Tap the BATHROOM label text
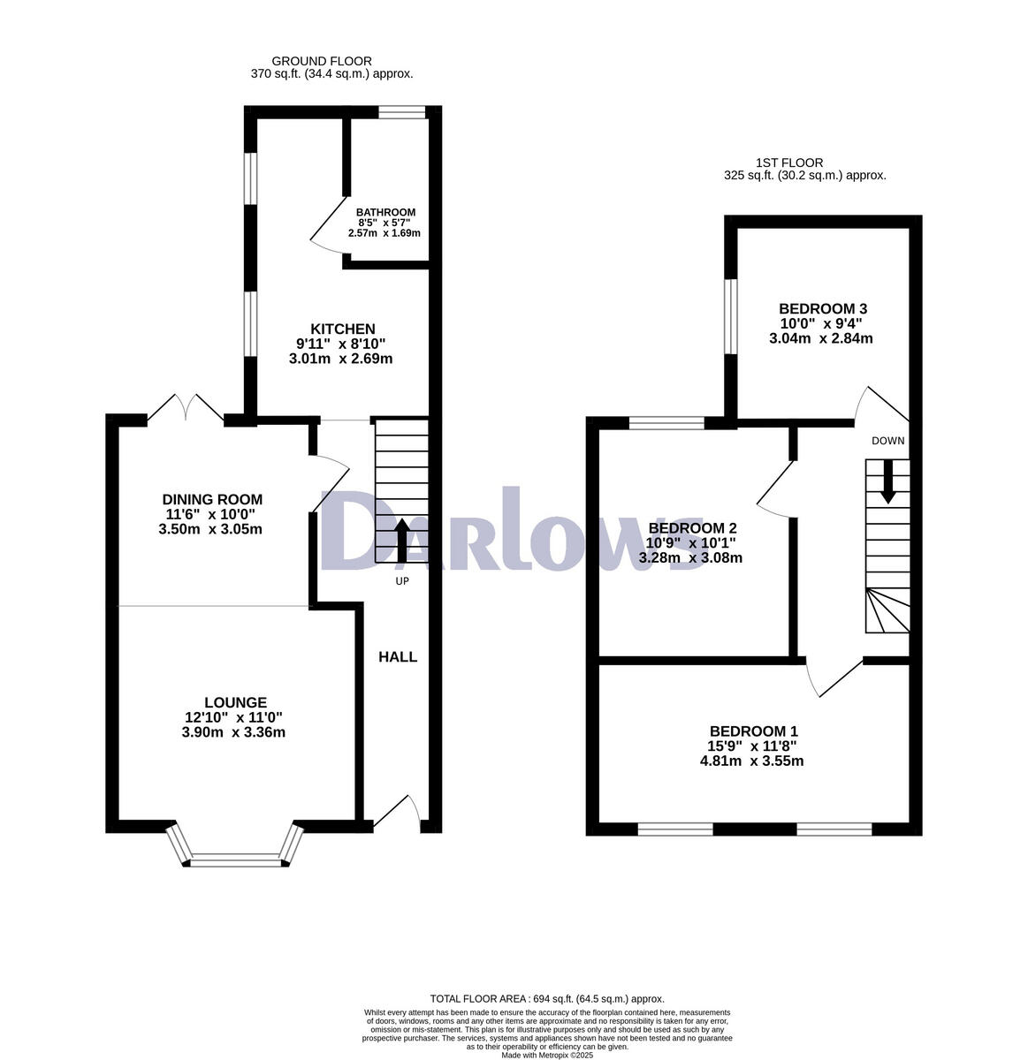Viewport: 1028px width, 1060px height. pos(385,213)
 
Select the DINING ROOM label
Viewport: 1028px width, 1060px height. pos(212,500)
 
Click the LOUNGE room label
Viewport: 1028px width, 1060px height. pos(233,702)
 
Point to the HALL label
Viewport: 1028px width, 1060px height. pos(398,657)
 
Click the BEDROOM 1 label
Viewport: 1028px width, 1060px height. pos(753,731)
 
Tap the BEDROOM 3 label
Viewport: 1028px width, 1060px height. pos(822,308)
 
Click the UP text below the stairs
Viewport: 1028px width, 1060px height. pos(402,581)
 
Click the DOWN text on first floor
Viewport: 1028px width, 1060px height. pos(887,441)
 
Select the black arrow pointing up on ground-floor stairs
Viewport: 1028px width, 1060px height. pos(401,540)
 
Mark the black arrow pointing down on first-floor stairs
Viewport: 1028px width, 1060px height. pos(887,484)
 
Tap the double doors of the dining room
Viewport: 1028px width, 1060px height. pos(186,408)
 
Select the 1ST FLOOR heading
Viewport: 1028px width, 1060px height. pos(789,163)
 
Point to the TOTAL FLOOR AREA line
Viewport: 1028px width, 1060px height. pos(546,998)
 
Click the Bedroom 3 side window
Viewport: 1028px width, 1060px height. pos(730,315)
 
